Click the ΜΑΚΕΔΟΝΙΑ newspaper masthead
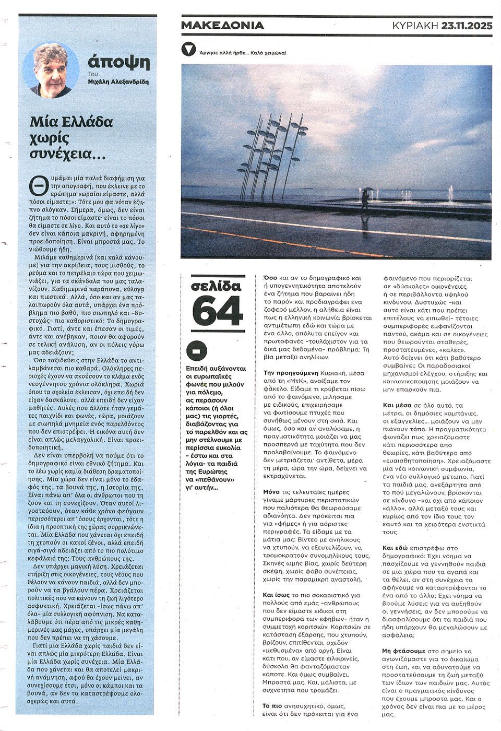pos(223,25)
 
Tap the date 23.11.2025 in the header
pos(466,25)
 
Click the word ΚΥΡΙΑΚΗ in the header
pos(415,25)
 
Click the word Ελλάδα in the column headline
pos(87,123)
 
